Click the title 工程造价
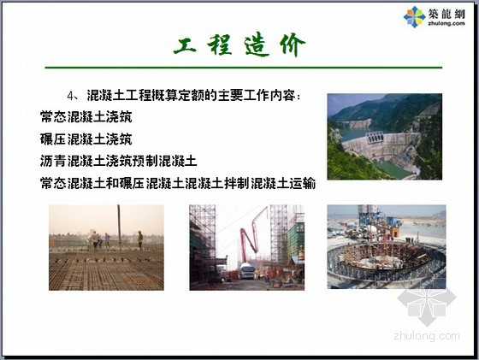[x=239, y=45]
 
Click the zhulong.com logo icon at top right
[x=414, y=17]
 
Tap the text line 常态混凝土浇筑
[x=86, y=117]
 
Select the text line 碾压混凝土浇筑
[x=86, y=139]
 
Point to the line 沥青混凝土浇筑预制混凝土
[x=119, y=162]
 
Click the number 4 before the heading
[x=70, y=96]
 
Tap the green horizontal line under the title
[x=244, y=68]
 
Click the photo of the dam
[x=385, y=137]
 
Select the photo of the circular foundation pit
[x=387, y=247]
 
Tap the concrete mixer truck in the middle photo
[x=247, y=270]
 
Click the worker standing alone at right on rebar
[x=140, y=240]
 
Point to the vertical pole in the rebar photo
[x=119, y=227]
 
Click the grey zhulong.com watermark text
[x=427, y=336]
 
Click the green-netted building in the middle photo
[x=296, y=241]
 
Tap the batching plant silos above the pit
[x=369, y=215]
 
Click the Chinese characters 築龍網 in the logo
[x=446, y=14]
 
